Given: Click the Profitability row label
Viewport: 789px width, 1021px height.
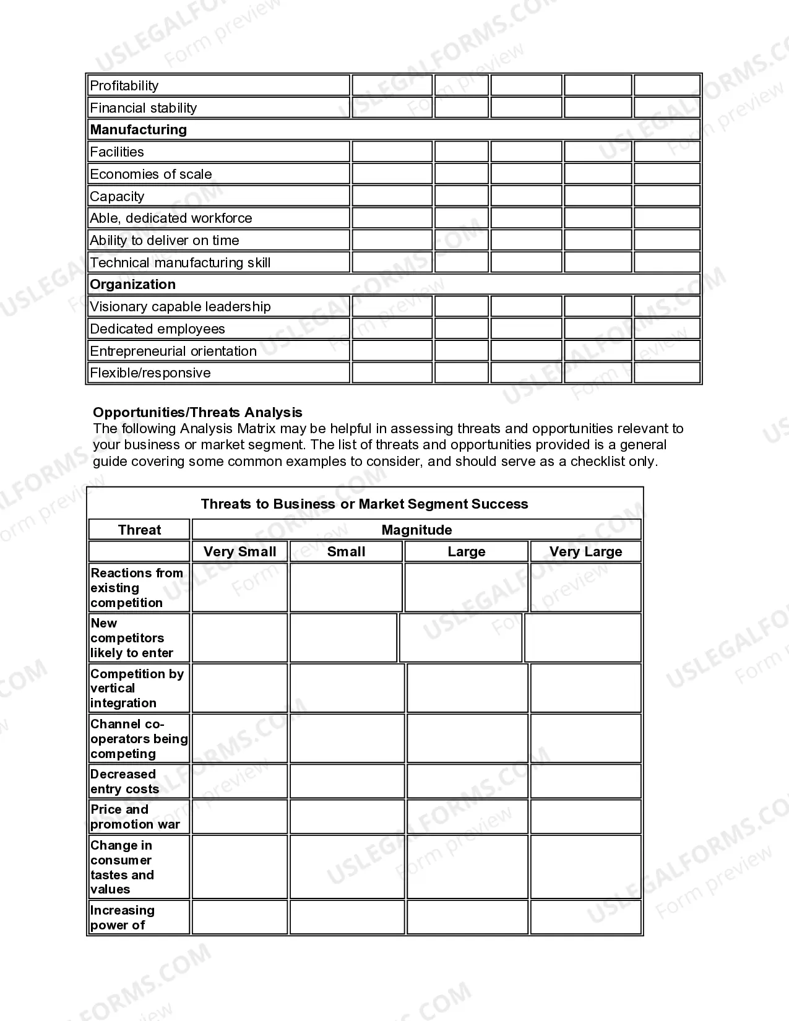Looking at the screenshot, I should coord(124,85).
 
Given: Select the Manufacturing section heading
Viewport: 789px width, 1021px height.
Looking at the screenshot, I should coord(139,129).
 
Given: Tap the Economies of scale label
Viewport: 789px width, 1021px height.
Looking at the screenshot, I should coord(151,174).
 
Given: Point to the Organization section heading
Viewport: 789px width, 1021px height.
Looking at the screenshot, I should coord(133,284).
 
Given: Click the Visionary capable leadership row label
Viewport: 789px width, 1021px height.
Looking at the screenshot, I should coord(180,306).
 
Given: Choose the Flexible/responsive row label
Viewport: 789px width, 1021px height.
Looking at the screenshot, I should coord(150,373).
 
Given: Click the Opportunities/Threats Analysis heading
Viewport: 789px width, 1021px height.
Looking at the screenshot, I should coord(197,412).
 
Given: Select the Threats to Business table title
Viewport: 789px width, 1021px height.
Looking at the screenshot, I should coord(364,504).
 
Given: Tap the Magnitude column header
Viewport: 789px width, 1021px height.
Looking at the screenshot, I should coord(416,530).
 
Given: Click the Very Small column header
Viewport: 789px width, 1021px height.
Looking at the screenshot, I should coord(240,551).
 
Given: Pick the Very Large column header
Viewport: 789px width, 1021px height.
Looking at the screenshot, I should coord(585,551).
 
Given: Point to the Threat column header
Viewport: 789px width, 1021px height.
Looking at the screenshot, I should coord(139,530).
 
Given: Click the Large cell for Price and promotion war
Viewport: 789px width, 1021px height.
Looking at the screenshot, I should coord(467,817).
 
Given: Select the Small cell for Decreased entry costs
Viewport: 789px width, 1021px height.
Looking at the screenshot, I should coord(347,781).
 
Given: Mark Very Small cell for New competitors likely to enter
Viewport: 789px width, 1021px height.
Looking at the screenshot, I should coord(240,638).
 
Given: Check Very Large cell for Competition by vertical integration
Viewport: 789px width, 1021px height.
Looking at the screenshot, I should coord(585,688).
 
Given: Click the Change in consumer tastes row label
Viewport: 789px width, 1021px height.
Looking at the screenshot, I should coord(123,867).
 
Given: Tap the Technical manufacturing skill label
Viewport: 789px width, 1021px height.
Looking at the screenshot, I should coord(180,262).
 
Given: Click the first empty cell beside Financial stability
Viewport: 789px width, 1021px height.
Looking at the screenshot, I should coord(392,108).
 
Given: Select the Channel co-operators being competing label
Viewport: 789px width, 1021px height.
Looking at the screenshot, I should coord(139,738).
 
